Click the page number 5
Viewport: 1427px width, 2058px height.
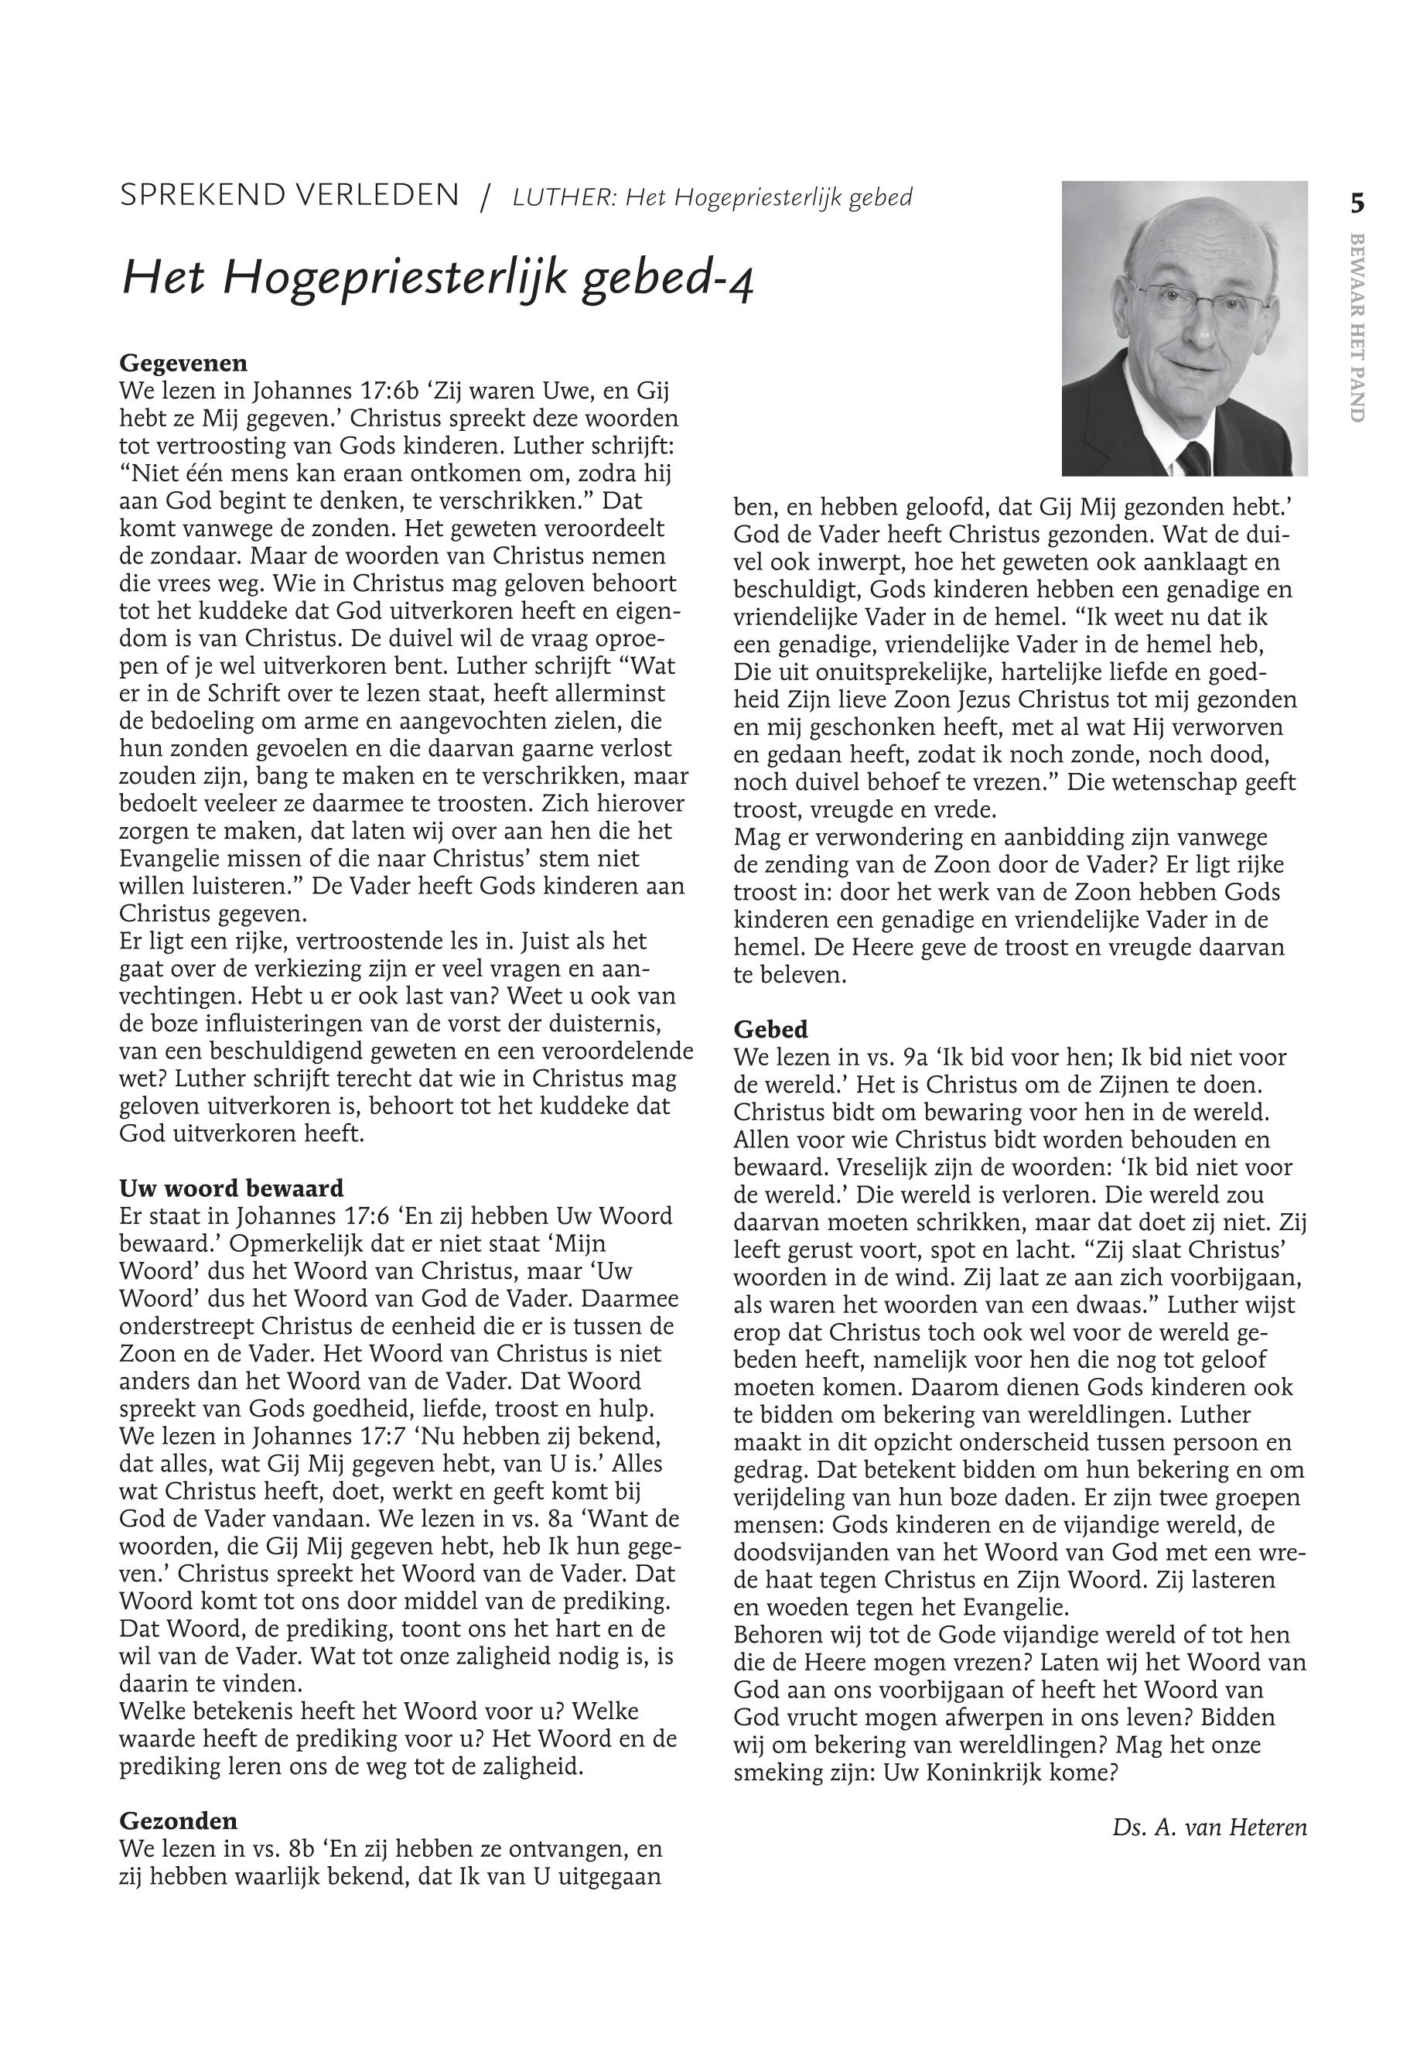[1357, 205]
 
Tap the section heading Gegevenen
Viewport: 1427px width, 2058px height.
[183, 363]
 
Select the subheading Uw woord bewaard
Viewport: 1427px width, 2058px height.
[230, 1188]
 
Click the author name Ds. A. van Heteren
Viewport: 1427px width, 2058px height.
[1209, 1827]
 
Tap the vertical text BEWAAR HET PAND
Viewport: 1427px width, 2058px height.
[1357, 327]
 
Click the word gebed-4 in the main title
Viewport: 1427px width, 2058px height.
[669, 279]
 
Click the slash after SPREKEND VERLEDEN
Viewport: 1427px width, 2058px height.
[486, 197]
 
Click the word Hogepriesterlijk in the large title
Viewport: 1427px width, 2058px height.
[396, 279]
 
